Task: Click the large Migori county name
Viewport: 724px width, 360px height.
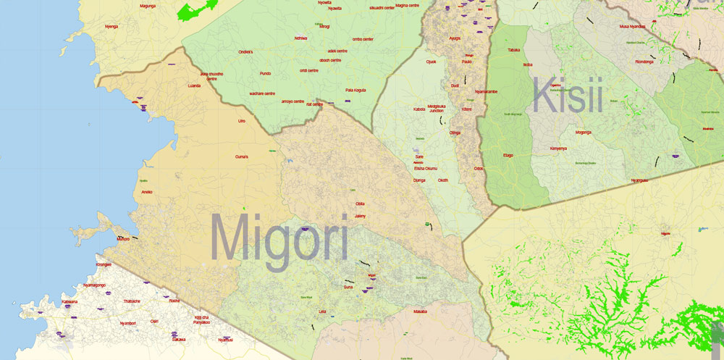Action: click(x=279, y=240)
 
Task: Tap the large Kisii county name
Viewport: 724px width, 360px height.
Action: click(x=568, y=97)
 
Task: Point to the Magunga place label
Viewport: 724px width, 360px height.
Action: click(x=148, y=6)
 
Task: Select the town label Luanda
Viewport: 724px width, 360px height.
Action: click(x=194, y=85)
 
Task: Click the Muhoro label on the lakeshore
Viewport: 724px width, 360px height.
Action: click(x=123, y=238)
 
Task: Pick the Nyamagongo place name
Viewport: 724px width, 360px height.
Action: click(x=94, y=285)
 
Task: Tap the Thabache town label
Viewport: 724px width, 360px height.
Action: click(x=132, y=301)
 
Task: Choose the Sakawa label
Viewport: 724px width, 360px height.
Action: click(x=179, y=339)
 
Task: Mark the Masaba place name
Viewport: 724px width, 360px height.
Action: click(x=420, y=311)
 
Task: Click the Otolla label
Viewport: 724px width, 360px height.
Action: click(x=360, y=204)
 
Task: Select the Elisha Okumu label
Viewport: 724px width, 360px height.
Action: click(x=426, y=168)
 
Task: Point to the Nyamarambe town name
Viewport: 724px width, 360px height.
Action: click(x=486, y=92)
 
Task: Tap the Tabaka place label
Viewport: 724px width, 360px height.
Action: click(x=514, y=50)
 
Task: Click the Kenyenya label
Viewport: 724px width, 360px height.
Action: click(x=558, y=148)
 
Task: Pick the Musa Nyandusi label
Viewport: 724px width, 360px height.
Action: click(x=632, y=26)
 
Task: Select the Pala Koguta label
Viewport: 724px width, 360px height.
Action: click(x=355, y=90)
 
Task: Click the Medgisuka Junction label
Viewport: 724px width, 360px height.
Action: click(x=437, y=108)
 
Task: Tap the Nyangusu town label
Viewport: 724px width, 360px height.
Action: click(x=639, y=180)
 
